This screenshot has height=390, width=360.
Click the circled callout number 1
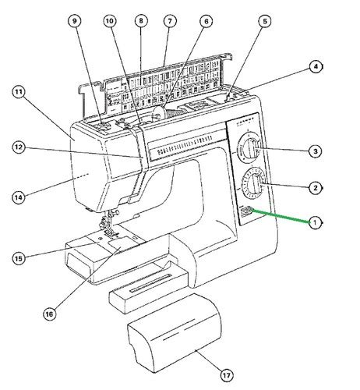click(315, 222)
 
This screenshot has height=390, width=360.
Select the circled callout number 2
click(315, 187)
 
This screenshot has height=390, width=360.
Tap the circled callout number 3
click(315, 151)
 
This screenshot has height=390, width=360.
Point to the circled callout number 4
click(315, 67)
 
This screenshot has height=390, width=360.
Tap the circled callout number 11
click(19, 92)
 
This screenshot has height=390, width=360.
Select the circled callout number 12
click(19, 146)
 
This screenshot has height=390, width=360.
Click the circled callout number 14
click(19, 197)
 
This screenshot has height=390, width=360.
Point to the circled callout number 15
click(19, 257)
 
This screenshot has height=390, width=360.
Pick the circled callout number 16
click(50, 314)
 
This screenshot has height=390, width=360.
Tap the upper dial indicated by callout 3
click(249, 148)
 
